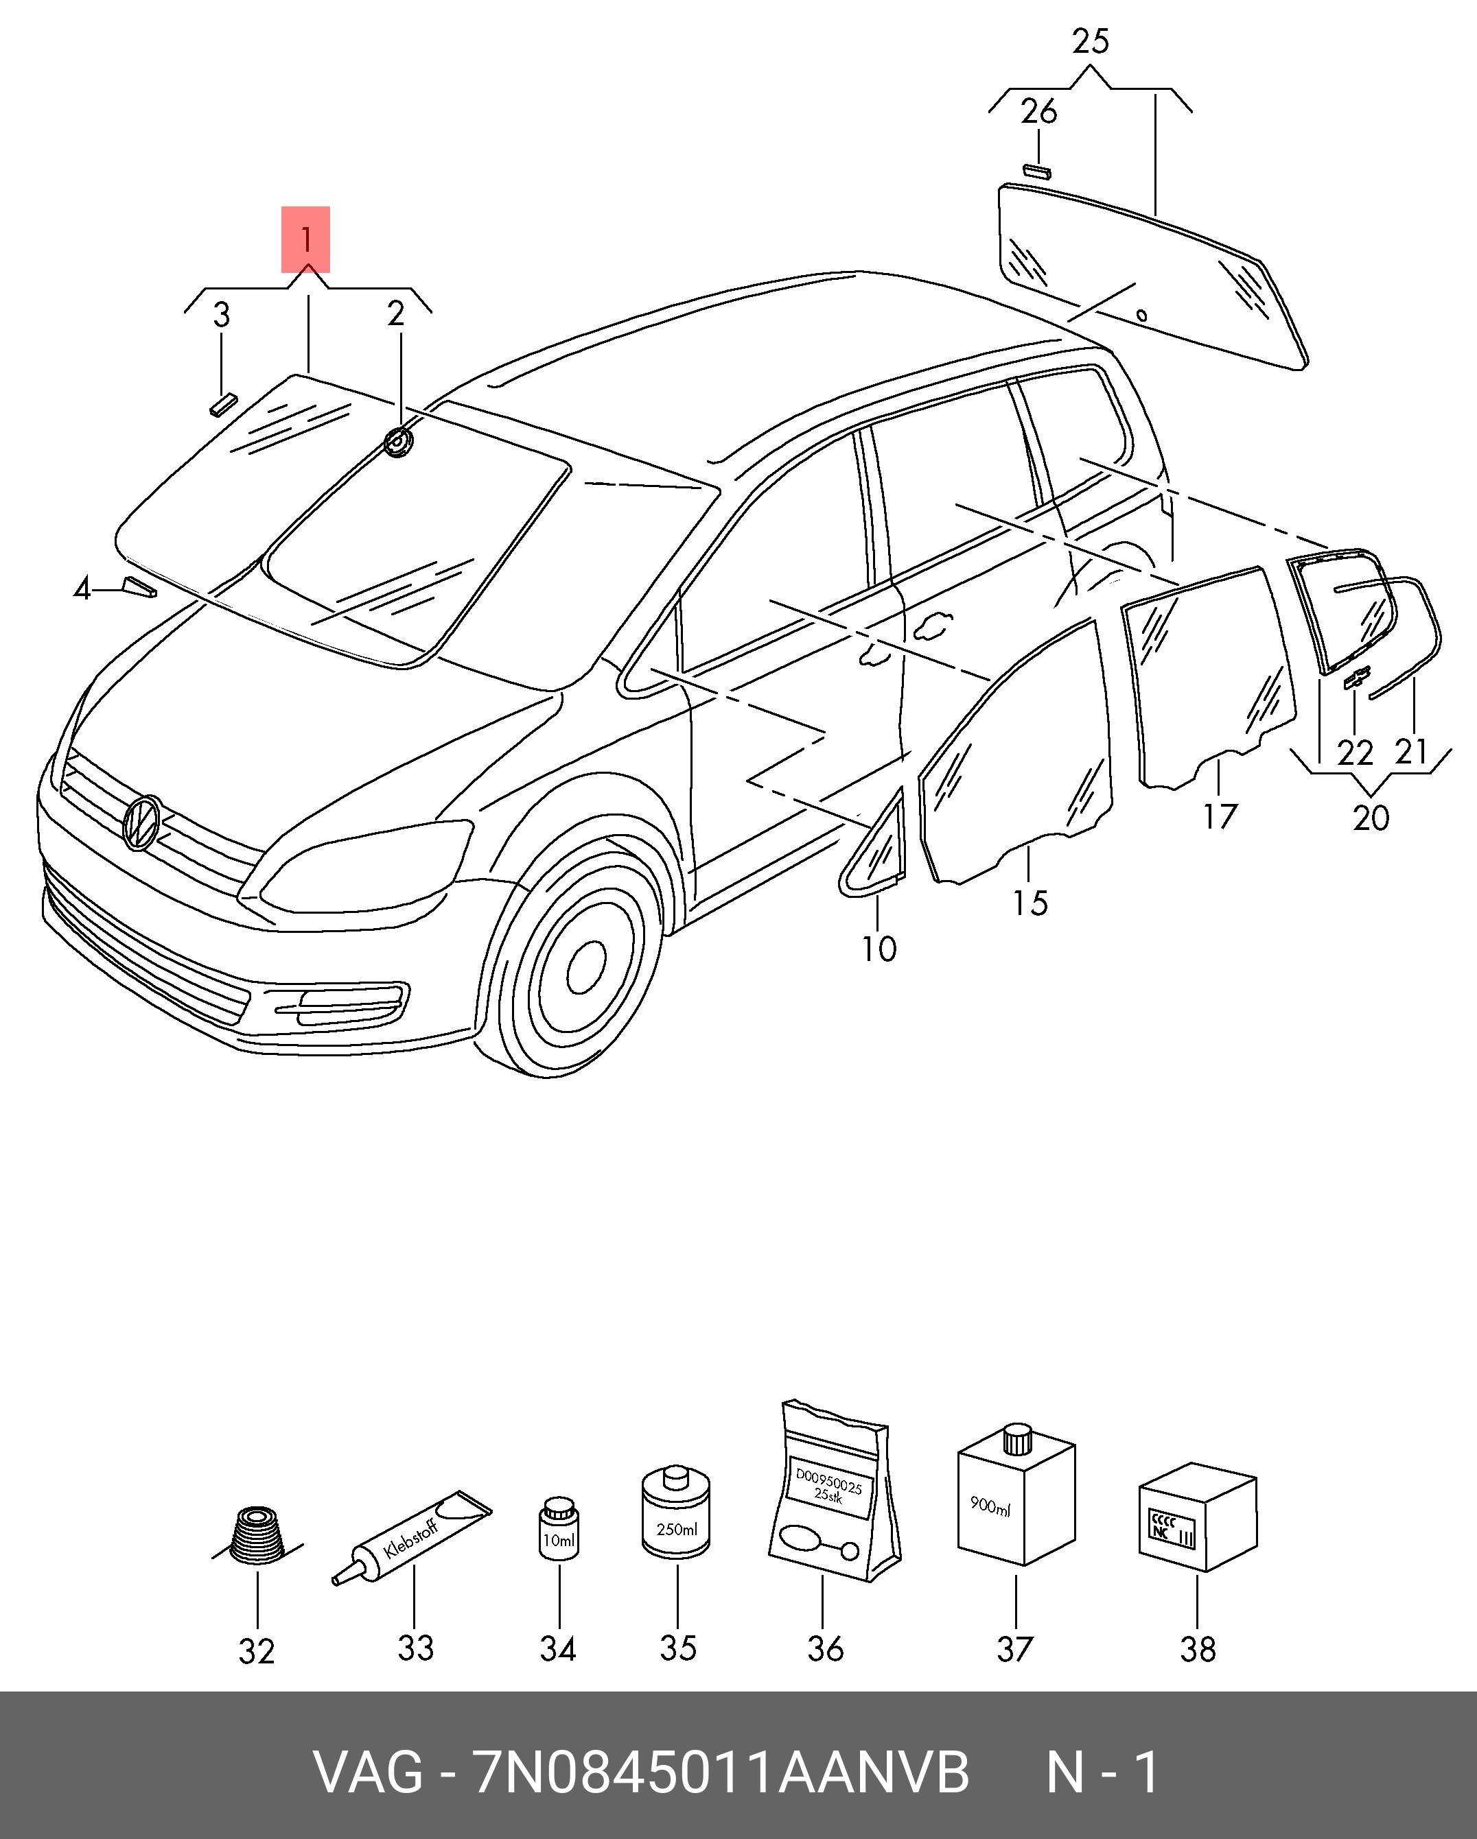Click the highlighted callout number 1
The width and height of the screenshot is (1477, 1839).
point(305,239)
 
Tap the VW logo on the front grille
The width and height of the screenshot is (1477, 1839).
point(141,822)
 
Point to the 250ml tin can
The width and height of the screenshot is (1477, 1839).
point(676,1521)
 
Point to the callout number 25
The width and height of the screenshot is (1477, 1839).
point(1090,41)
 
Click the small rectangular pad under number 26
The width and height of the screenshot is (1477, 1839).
point(1038,171)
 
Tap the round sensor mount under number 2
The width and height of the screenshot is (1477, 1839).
point(397,442)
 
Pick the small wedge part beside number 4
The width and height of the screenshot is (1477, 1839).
point(140,588)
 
